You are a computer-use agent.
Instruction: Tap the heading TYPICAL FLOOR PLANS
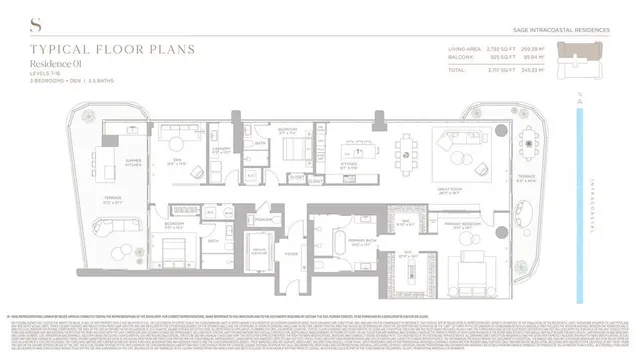(90, 49)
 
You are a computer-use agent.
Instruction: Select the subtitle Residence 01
(63, 63)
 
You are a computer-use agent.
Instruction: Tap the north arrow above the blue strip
(582, 100)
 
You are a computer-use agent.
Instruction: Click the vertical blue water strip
(582, 200)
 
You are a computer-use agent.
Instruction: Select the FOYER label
(292, 254)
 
